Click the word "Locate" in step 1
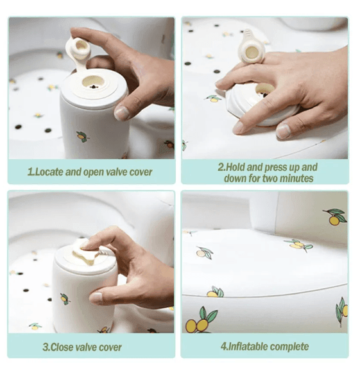[x=49, y=172]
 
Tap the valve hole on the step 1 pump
[x=93, y=82]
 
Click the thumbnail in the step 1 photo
[x=122, y=113]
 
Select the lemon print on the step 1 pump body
[x=82, y=137]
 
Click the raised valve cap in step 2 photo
[x=252, y=48]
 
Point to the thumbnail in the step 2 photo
[x=283, y=131]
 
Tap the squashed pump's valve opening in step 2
[x=264, y=90]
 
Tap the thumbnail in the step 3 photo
[x=96, y=299]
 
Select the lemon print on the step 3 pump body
[x=64, y=299]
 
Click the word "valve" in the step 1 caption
[x=117, y=172]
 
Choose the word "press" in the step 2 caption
[x=277, y=168]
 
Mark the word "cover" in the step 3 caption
[x=110, y=347]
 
